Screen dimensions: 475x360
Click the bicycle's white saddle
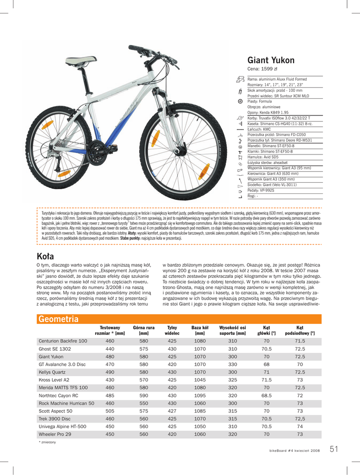[81, 60]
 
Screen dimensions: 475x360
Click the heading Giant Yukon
[271, 60]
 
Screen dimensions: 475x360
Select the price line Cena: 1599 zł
[262, 69]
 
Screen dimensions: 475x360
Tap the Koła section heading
[45, 256]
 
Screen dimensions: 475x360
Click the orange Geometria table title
[58, 319]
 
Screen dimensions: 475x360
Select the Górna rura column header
[144, 330]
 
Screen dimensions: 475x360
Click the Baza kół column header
[200, 330]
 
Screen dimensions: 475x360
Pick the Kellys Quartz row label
[52, 372]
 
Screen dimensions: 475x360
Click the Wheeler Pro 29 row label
[55, 434]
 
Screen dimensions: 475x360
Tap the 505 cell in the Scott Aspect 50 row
[110, 411]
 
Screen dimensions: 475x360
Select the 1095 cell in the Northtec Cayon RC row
[200, 396]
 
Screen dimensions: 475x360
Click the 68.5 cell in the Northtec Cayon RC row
[266, 396]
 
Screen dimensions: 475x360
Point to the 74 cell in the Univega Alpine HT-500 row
[300, 427]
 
